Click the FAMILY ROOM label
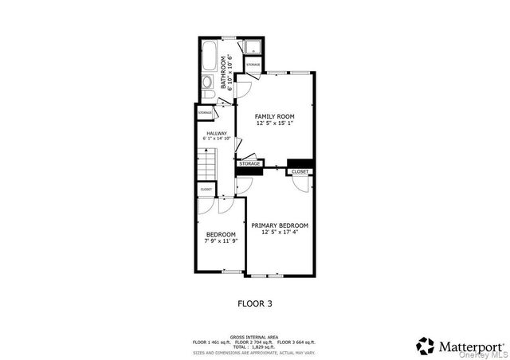tap(275, 116)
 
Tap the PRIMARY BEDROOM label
tap(280, 225)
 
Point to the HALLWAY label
tap(217, 133)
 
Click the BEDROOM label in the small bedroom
tap(221, 233)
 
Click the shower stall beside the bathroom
tap(253, 45)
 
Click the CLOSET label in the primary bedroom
tap(300, 171)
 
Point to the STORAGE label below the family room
tap(249, 163)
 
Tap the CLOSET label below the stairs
tap(206, 189)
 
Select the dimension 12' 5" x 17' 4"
tap(280, 233)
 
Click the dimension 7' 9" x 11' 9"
tap(221, 241)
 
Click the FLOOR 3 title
tap(256, 303)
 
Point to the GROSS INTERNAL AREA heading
tap(255, 337)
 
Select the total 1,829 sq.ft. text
tap(254, 346)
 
